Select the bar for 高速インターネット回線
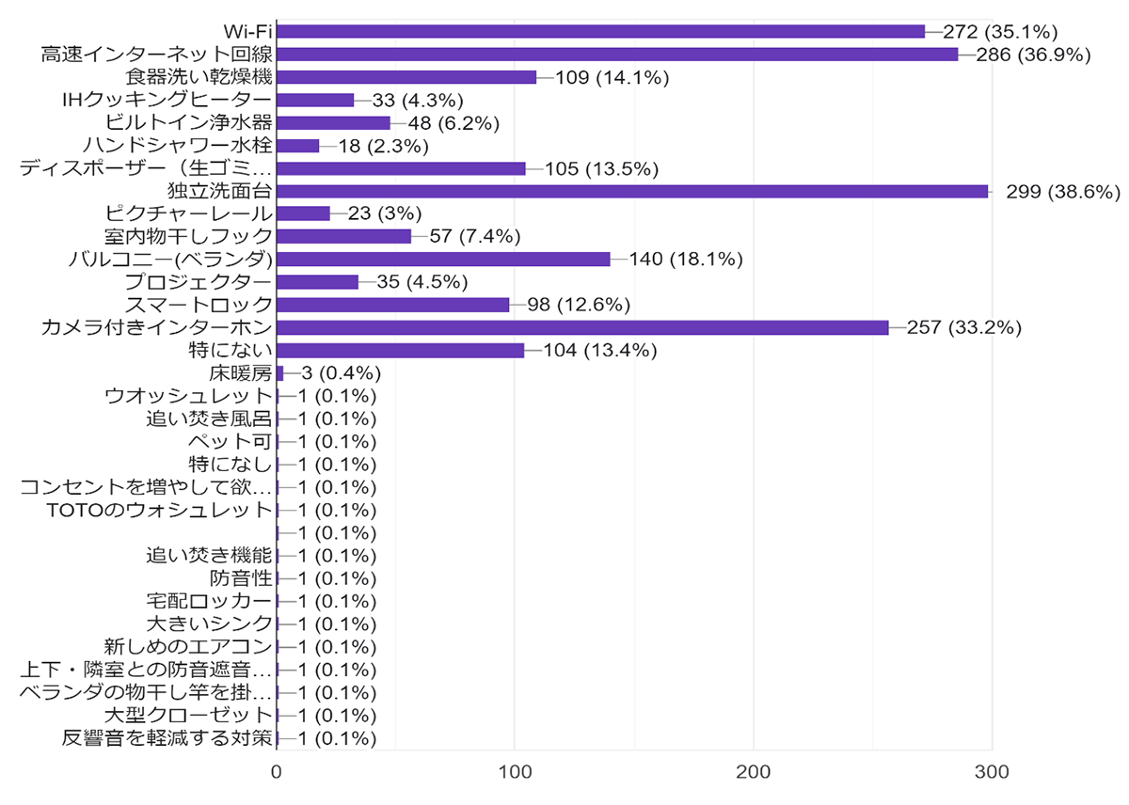617,55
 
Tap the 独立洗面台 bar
632,191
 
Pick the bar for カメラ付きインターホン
582,327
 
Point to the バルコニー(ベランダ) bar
443,260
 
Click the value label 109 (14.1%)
612,78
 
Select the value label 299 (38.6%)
1063,192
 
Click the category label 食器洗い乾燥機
199,77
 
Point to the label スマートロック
199,305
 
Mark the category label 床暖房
241,373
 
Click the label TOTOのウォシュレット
159,511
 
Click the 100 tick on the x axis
515,772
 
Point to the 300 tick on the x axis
992,772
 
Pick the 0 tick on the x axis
277,772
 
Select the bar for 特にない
400,351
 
